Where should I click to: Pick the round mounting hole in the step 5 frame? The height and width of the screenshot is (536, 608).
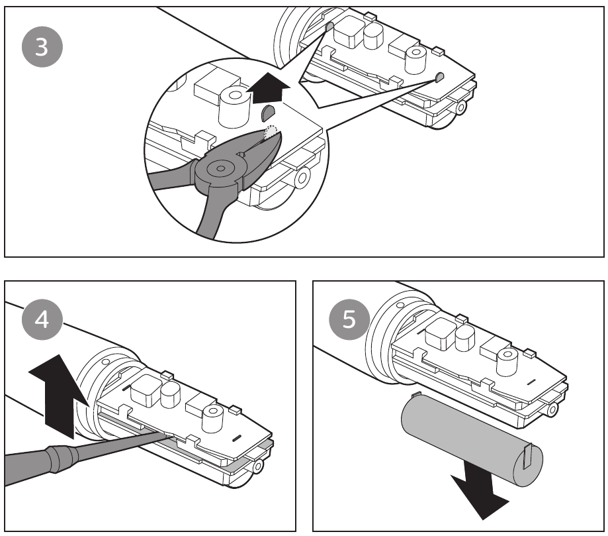click(551, 411)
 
